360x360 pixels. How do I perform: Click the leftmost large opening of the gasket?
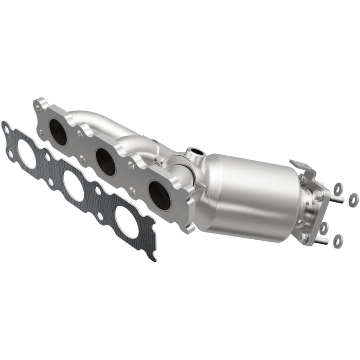point(26,155)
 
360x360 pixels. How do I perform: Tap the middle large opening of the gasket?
point(74,186)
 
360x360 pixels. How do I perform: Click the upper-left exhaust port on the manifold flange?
point(58,132)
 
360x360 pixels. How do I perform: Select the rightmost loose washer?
point(353,197)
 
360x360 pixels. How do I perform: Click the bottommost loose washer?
point(338,239)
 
